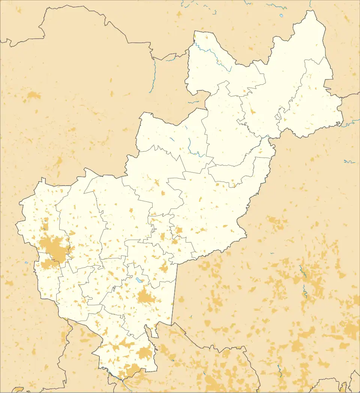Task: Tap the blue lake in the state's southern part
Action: point(139,280)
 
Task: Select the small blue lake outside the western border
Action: point(26,262)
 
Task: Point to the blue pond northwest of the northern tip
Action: point(281,16)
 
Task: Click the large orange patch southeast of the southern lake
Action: point(146,297)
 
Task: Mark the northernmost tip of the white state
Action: point(310,11)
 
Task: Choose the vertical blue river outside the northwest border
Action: point(154,75)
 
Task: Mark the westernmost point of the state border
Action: point(16,225)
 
